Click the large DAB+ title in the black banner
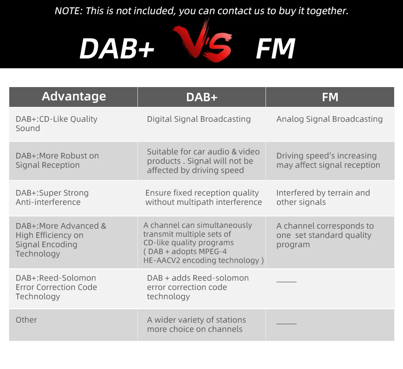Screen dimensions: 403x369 [117, 48]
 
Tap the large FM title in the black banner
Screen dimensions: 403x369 [276, 48]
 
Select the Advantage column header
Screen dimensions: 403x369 [74, 96]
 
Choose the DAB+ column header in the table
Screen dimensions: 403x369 [202, 97]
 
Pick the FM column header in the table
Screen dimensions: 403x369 [330, 97]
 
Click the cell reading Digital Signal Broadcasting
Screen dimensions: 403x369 [199, 119]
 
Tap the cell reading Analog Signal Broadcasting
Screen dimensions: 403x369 [330, 119]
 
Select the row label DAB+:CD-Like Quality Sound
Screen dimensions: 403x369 [56, 124]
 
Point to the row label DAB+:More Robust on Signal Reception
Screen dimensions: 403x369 [57, 161]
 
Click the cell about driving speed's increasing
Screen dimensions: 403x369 [328, 161]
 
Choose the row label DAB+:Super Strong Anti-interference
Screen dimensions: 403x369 [52, 198]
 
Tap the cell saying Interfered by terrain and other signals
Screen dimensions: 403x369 [323, 198]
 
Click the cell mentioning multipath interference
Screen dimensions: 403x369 [204, 198]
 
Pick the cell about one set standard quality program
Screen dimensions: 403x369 [325, 235]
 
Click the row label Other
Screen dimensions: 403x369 [26, 320]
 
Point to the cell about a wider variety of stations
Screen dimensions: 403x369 [196, 325]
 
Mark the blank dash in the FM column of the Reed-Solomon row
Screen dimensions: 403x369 [286, 282]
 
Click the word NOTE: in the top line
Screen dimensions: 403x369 [69, 11]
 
